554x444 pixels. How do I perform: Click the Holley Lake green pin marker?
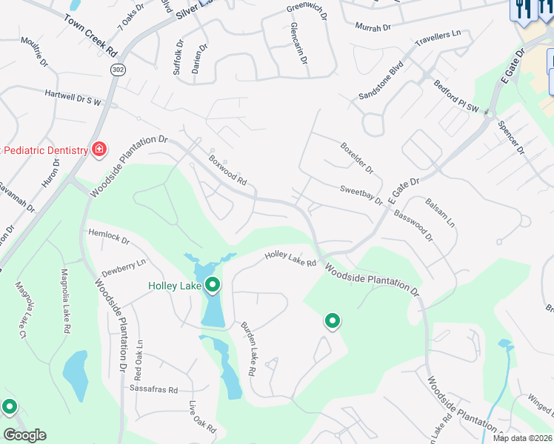click(213, 285)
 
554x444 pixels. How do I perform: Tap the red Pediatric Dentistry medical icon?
click(99, 150)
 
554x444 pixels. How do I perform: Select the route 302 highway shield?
click(117, 69)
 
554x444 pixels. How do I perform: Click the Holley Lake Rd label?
click(291, 258)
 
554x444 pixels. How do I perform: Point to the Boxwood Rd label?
click(227, 171)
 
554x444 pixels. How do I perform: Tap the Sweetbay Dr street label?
click(361, 195)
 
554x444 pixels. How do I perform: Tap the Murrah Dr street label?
click(373, 27)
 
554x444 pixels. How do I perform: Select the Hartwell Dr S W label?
click(73, 96)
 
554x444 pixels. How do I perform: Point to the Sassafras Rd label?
click(154, 389)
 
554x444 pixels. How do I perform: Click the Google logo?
click(25, 435)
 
